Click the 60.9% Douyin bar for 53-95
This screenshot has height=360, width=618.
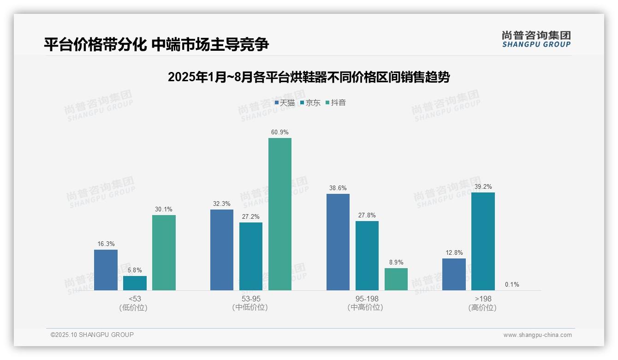pos(280,214)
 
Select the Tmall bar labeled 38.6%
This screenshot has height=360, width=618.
pos(338,242)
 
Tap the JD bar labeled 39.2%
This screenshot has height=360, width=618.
pos(483,241)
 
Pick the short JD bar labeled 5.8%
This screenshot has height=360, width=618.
pos(135,283)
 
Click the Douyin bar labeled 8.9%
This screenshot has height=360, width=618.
pos(396,279)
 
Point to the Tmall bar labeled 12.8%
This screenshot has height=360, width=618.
pos(454,274)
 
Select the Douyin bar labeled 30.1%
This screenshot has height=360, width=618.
pos(164,252)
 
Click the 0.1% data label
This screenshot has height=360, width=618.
pos(512,285)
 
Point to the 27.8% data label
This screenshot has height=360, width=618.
pos(367,215)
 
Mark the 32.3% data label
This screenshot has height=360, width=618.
pos(222,204)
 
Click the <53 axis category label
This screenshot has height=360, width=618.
pos(135,299)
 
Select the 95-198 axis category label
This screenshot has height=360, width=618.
pos(367,299)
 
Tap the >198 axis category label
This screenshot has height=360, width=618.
pos(483,299)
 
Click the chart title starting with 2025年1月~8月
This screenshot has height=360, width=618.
pos(309,77)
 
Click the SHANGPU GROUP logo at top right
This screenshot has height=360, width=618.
pos(536,39)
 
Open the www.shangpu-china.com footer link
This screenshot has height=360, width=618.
pos(537,335)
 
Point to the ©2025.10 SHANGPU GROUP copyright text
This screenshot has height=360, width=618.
pos(92,335)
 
